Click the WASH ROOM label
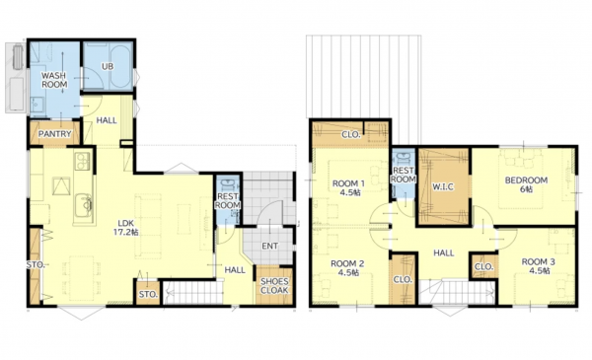(x=54, y=80)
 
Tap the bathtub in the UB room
(x=120, y=67)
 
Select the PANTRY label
(x=54, y=134)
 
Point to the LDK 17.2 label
(x=125, y=228)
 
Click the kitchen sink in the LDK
(x=84, y=205)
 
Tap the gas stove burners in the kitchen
(x=83, y=161)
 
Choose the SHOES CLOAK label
(x=274, y=286)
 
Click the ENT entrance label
(x=270, y=246)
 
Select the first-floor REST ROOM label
(x=228, y=201)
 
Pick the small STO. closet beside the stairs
(x=148, y=293)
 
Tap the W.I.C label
(x=443, y=186)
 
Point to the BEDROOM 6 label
(x=526, y=184)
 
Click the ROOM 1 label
(x=348, y=188)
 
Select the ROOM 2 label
(x=347, y=268)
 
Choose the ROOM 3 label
(x=538, y=266)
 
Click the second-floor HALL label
(x=444, y=252)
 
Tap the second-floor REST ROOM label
(x=404, y=175)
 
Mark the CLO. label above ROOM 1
(x=351, y=134)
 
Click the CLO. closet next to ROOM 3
(x=483, y=266)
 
